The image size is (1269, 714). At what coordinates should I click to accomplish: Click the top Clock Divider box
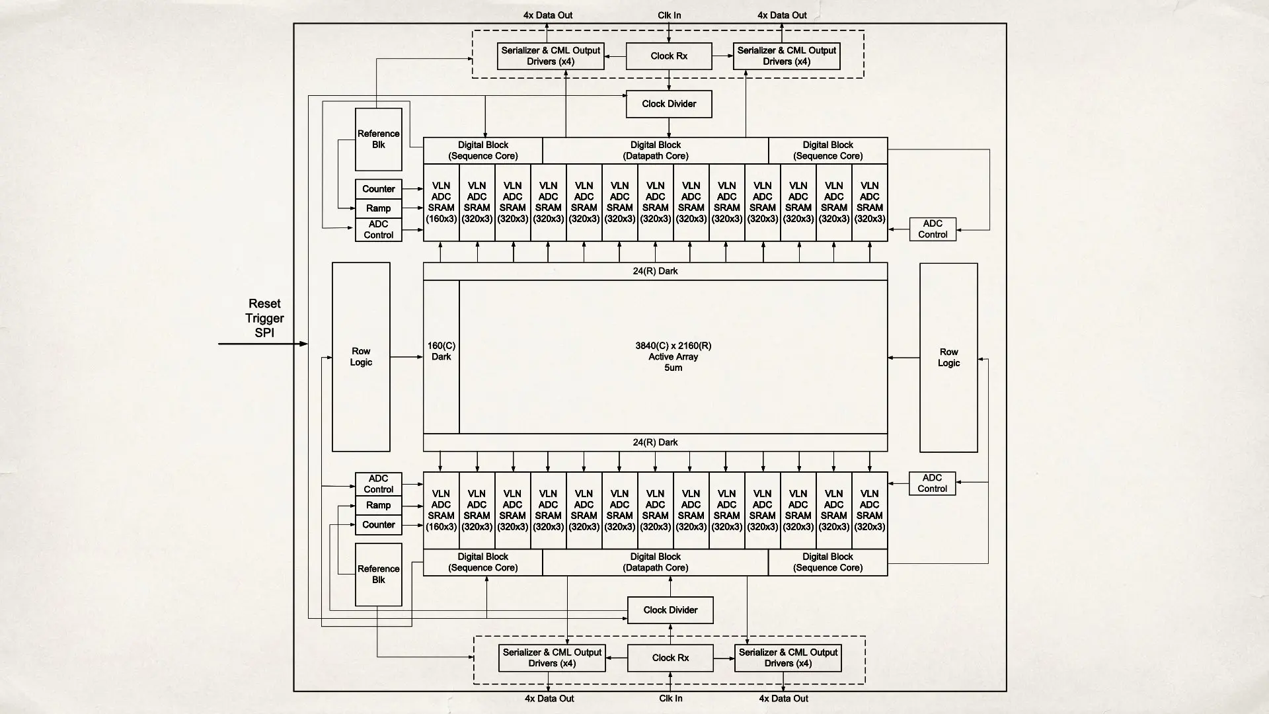[669, 104]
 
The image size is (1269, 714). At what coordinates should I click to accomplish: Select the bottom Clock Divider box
[670, 610]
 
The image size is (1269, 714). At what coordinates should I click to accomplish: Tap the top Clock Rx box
[669, 56]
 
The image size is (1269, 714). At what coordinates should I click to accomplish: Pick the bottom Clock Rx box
[670, 658]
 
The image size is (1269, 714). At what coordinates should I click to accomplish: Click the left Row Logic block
[361, 357]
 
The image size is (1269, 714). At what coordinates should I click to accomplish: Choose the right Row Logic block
[948, 358]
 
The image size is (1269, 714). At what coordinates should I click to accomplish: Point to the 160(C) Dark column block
[441, 357]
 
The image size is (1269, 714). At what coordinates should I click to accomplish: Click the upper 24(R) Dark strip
[655, 271]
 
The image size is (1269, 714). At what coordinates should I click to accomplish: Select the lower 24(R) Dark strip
[655, 442]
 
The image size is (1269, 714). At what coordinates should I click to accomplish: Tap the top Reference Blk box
[378, 139]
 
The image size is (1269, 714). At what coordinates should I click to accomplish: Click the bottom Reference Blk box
[378, 574]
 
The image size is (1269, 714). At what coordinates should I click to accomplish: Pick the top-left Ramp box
[378, 208]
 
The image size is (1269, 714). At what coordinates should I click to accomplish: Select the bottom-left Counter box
[378, 525]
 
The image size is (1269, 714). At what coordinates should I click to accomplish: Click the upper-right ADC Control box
[933, 229]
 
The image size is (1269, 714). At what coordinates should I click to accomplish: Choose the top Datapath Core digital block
[655, 151]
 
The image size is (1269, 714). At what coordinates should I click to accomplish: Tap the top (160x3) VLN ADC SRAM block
[441, 202]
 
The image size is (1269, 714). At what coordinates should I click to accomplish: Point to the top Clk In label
[669, 15]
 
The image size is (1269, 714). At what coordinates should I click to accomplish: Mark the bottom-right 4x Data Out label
[783, 698]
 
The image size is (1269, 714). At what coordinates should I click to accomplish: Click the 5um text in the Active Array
[673, 368]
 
